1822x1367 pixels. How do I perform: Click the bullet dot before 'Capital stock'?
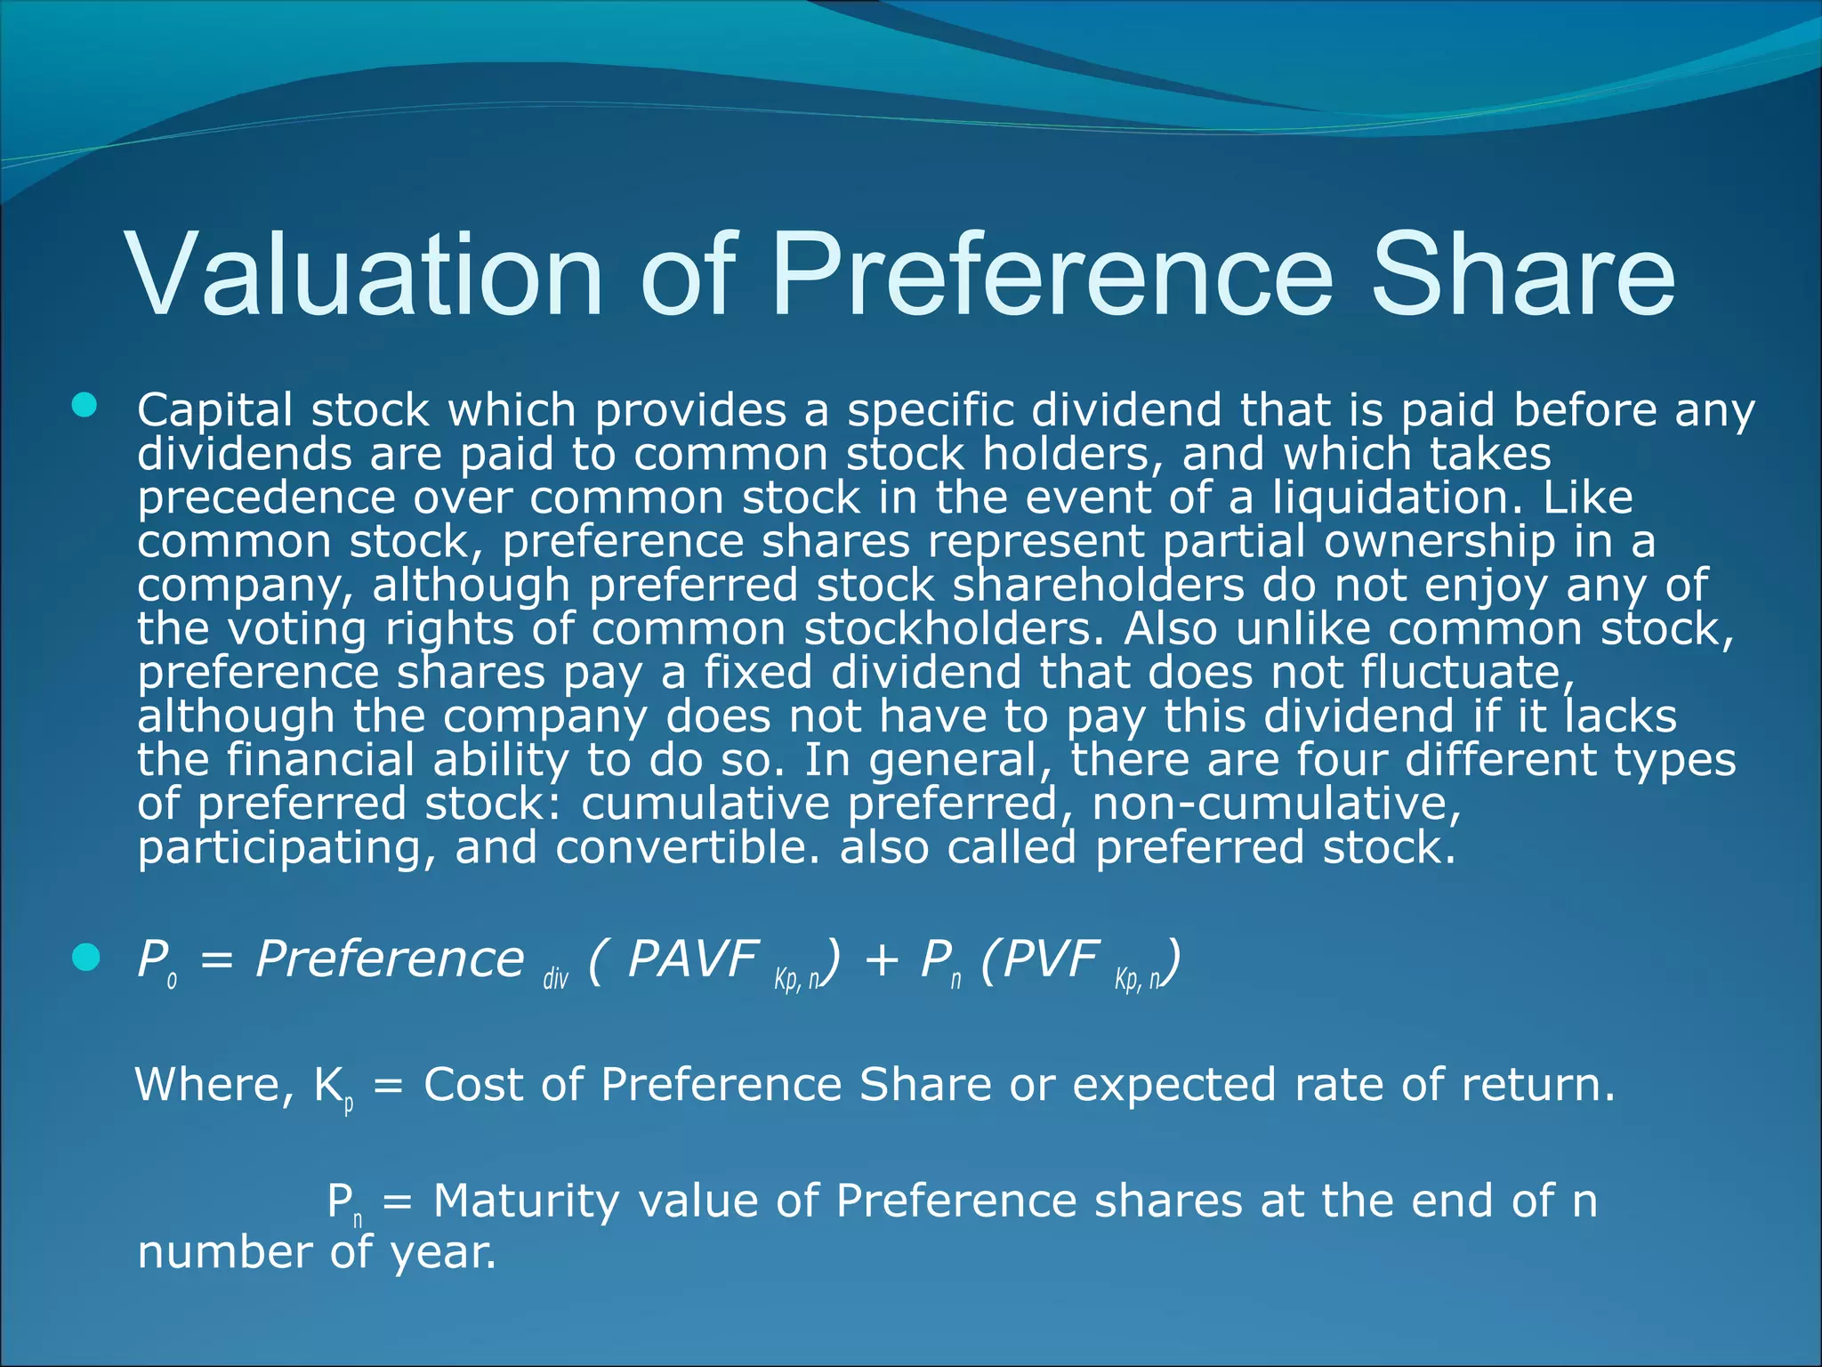click(x=85, y=407)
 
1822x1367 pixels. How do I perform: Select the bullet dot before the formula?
click(x=85, y=958)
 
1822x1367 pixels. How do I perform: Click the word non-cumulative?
click(x=1277, y=804)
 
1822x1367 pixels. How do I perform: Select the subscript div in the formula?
click(x=555, y=980)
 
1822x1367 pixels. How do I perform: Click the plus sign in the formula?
click(x=881, y=961)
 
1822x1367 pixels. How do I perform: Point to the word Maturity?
click(x=526, y=1201)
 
